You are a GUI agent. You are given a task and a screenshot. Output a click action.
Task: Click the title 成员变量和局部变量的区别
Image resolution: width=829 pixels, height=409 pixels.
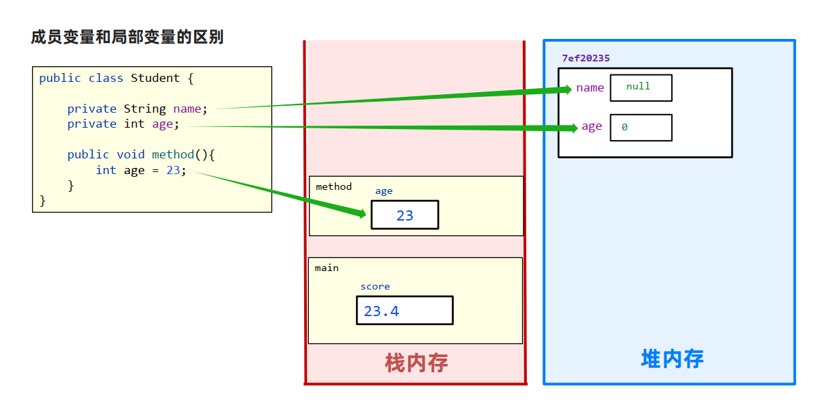point(127,37)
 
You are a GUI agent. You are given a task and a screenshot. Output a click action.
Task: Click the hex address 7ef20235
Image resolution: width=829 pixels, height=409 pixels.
point(586,58)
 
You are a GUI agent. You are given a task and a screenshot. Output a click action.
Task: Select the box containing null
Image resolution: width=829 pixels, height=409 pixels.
point(641,87)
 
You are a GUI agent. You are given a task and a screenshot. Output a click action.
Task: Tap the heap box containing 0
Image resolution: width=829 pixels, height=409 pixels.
point(641,128)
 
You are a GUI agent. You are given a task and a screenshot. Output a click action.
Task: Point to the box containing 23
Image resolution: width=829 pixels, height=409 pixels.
point(405,215)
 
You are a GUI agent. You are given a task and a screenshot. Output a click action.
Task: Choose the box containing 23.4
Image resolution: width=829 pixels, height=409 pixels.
point(405,311)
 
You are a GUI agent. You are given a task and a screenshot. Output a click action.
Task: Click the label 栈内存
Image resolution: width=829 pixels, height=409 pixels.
point(416,363)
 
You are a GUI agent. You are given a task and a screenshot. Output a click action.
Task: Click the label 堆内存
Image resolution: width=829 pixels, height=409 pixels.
point(672,358)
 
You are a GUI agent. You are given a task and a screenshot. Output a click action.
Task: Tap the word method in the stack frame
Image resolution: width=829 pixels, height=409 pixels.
point(334,186)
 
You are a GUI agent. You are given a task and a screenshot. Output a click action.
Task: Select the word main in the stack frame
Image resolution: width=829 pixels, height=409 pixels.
point(327,268)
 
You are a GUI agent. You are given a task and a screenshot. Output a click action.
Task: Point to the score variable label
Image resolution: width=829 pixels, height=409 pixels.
point(375,287)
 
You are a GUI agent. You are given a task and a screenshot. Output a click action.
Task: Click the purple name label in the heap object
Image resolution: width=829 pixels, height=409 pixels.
point(590,87)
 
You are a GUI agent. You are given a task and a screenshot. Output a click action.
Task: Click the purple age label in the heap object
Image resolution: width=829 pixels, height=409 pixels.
point(592,126)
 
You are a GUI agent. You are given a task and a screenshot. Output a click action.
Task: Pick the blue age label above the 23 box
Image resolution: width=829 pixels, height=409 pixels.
point(384,191)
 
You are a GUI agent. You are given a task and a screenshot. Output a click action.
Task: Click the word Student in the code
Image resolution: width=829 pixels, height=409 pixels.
point(155,78)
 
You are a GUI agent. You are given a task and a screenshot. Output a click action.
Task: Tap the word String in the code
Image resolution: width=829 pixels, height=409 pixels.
point(145,109)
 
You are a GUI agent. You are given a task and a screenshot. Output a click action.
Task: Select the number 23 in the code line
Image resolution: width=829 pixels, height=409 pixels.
point(173,170)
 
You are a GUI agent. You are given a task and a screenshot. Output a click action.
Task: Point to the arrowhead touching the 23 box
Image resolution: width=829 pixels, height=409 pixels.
point(362,214)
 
